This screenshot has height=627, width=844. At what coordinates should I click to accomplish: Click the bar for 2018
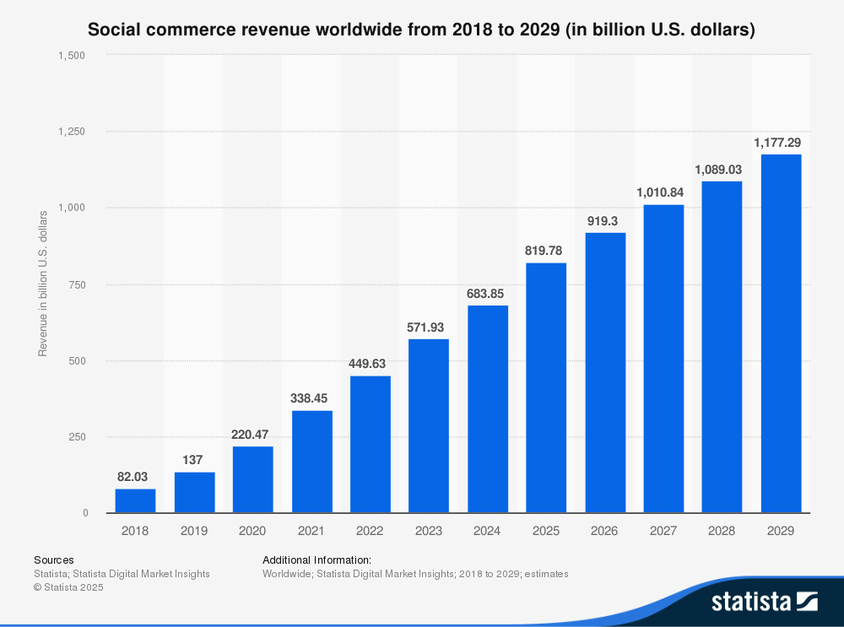tap(135, 500)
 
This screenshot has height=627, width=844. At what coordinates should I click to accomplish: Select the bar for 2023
tap(428, 425)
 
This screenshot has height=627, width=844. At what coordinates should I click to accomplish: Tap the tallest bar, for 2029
tap(781, 333)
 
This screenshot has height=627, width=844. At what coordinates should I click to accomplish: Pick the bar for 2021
tap(311, 462)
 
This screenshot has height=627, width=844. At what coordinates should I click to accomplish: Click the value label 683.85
tap(487, 294)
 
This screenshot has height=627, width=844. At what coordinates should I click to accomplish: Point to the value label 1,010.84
tap(663, 192)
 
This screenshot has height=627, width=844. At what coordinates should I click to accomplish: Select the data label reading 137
tap(194, 461)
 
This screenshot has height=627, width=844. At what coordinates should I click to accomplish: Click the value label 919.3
tap(604, 221)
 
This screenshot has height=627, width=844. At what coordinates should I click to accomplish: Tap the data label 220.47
tap(252, 435)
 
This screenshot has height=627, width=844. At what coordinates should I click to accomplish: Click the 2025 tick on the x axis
tap(546, 531)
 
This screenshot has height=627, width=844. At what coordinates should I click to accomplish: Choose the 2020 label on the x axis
tap(252, 531)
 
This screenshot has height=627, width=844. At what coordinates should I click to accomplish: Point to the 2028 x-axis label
tap(722, 531)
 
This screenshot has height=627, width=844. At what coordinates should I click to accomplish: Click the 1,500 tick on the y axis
tap(73, 56)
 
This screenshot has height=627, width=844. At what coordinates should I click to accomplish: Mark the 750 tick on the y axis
tap(78, 284)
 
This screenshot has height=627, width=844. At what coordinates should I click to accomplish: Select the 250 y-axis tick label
tap(78, 437)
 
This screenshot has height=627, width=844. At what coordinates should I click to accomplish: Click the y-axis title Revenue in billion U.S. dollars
tap(42, 284)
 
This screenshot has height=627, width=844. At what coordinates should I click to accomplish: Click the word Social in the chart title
tap(113, 30)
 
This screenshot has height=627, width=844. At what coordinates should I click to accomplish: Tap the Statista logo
tap(764, 601)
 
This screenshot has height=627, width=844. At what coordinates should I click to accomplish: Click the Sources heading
tap(53, 559)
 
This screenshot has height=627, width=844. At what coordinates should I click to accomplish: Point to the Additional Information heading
tap(316, 559)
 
